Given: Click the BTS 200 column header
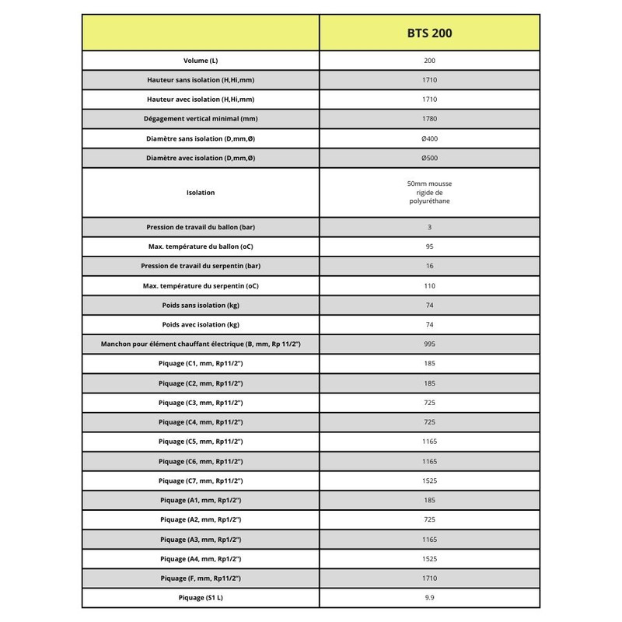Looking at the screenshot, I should point(429,33).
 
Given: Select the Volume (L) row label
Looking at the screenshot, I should point(201,61).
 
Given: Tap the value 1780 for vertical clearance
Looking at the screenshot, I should point(429,119).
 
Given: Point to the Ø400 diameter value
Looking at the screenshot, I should point(429,138).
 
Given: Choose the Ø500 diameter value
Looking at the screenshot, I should point(429,158).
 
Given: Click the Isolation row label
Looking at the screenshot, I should point(201,192).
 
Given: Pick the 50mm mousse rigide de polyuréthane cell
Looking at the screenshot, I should point(429,192).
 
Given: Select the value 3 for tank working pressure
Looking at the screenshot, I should point(429,227).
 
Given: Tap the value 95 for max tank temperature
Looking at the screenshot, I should point(429,246).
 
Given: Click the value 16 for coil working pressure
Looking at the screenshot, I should point(429,266).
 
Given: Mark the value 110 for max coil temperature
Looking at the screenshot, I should point(429,285).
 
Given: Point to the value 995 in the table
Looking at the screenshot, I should point(429,344).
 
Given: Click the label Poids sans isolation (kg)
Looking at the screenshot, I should point(201,305).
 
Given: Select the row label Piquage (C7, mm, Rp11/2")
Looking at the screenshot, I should point(201,480).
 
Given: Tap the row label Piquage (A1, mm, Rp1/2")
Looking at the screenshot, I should point(201,500).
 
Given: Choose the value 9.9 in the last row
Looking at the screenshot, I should point(429,598).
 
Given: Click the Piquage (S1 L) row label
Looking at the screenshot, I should point(201,598).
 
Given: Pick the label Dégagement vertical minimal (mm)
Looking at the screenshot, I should point(201,119).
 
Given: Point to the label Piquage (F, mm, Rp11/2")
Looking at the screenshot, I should point(201,578).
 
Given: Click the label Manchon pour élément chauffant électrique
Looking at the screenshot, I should point(201,344).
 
